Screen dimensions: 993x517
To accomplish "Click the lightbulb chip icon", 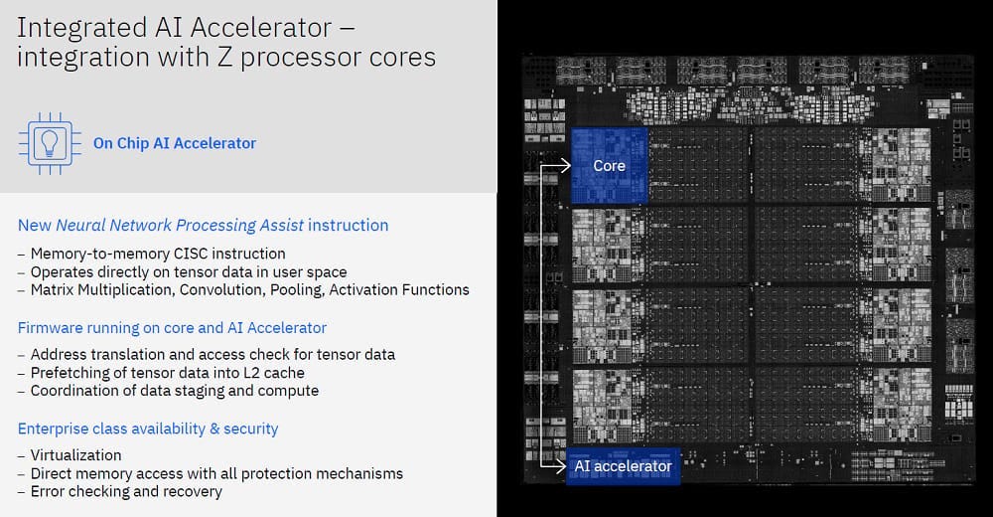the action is [46, 143].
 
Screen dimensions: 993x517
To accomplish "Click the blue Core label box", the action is [609, 165].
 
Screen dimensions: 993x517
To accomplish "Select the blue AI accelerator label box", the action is [623, 465].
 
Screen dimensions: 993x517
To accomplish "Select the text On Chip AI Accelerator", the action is [175, 143].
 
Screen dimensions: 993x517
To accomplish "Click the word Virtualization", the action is [75, 455].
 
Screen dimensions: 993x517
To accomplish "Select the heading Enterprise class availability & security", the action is [148, 429].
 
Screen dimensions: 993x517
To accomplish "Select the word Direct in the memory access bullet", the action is [52, 473].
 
